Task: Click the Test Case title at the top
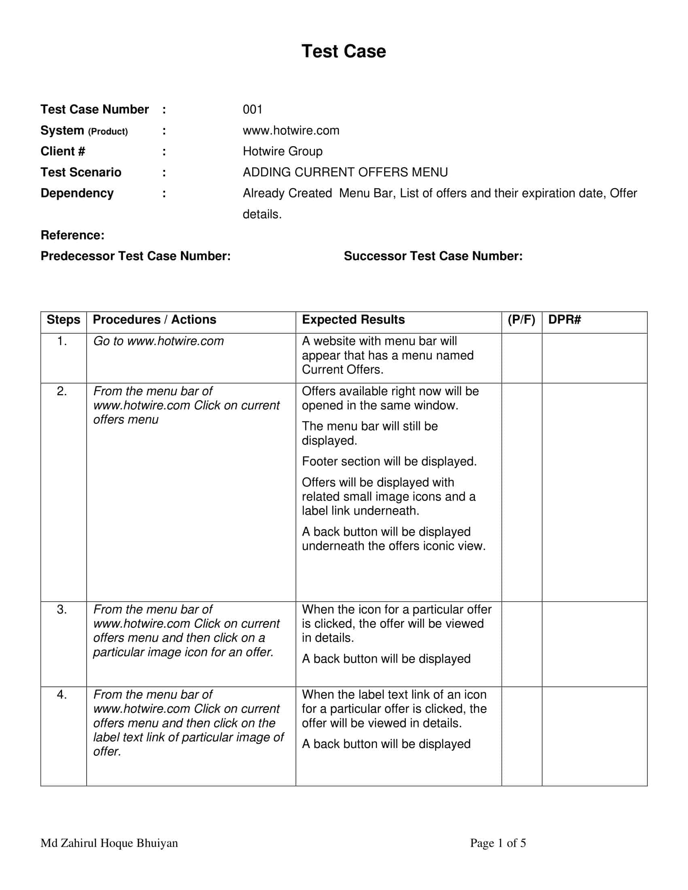pyautogui.click(x=344, y=51)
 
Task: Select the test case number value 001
pyautogui.click(x=252, y=109)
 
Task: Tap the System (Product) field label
pyautogui.click(x=84, y=131)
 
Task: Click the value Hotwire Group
pyautogui.click(x=282, y=151)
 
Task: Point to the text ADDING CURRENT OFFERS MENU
pyautogui.click(x=345, y=172)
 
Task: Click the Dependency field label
pyautogui.click(x=77, y=193)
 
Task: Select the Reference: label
pyautogui.click(x=72, y=235)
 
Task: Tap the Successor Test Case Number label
pyautogui.click(x=433, y=256)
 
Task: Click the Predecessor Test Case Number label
pyautogui.click(x=135, y=256)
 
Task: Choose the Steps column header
pyautogui.click(x=64, y=320)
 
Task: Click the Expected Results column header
pyautogui.click(x=353, y=320)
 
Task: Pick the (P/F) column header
pyautogui.click(x=521, y=320)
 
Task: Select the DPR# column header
pyautogui.click(x=564, y=320)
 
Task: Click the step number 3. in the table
pyautogui.click(x=62, y=609)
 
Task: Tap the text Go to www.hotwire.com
pyautogui.click(x=159, y=341)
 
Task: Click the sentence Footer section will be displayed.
pyautogui.click(x=389, y=461)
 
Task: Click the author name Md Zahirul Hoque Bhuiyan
pyautogui.click(x=109, y=843)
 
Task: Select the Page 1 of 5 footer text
pyautogui.click(x=498, y=843)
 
